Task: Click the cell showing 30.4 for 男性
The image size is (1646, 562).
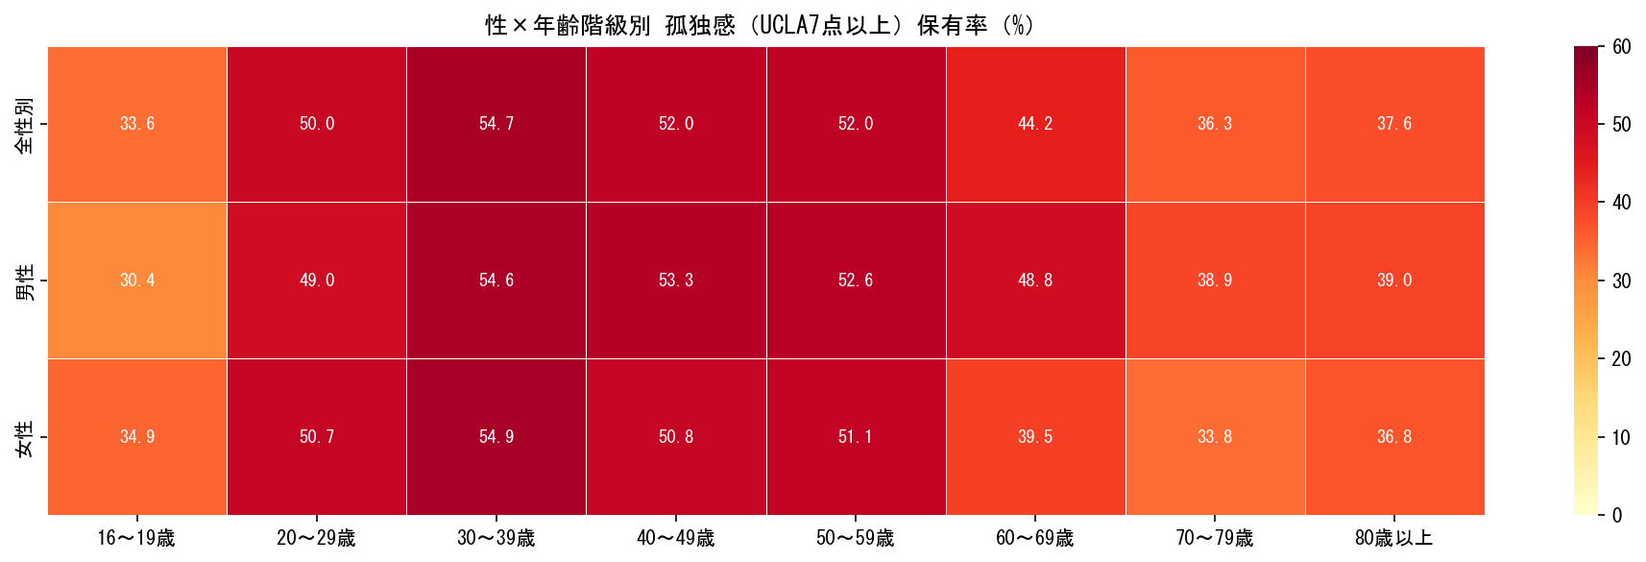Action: [x=137, y=281]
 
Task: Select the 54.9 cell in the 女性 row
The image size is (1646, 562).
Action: [x=496, y=437]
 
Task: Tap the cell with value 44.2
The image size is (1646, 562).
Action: [x=1035, y=124]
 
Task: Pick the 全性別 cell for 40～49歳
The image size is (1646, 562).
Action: [x=676, y=124]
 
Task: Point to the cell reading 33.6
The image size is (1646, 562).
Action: [x=137, y=124]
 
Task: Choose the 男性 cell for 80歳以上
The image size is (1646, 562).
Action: [x=1394, y=281]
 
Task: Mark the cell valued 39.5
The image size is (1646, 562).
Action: [x=1035, y=437]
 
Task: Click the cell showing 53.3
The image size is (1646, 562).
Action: [x=676, y=281]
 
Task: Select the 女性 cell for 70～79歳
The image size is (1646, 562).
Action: [x=1215, y=437]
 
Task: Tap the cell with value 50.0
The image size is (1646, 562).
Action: [x=317, y=124]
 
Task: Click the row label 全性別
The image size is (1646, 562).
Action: [x=25, y=124]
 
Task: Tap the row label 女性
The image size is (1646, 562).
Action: [x=25, y=437]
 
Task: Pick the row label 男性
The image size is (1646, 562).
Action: [x=25, y=281]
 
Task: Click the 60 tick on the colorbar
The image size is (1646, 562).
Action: [x=1621, y=47]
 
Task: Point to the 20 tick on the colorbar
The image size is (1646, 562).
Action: [x=1621, y=359]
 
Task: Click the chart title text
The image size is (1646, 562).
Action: [x=759, y=25]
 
